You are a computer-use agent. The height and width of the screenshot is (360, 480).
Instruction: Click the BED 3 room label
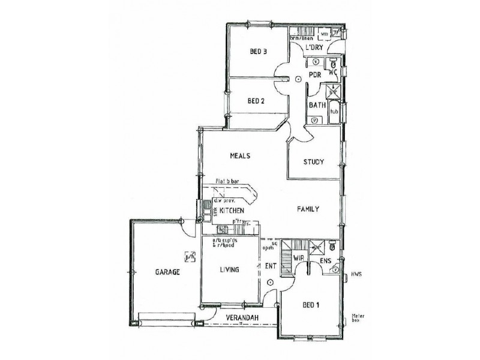point(257,52)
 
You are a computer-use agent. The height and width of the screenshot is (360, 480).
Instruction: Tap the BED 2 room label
point(256,101)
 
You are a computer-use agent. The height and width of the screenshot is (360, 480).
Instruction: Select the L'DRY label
point(314,47)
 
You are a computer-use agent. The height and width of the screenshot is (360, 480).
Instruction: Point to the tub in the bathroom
point(334,112)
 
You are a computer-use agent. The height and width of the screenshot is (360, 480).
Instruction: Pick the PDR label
point(314,74)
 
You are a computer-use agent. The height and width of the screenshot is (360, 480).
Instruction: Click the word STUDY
point(314,161)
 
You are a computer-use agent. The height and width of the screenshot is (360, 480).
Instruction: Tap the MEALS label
point(239,155)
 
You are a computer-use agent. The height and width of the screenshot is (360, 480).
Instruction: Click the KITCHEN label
point(231,211)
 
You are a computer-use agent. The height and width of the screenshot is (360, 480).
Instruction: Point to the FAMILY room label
point(308,209)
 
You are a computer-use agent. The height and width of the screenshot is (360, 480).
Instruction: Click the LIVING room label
point(229,270)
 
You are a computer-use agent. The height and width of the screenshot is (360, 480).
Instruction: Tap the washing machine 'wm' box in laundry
point(323,34)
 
